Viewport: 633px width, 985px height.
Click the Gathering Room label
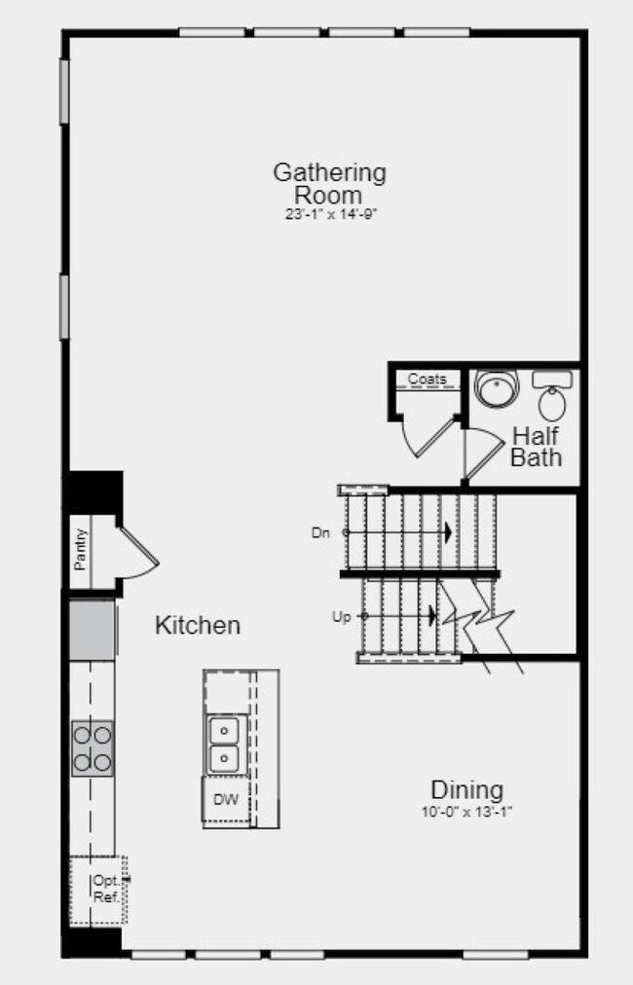[329, 183]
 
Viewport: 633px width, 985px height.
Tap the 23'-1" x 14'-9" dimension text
[331, 214]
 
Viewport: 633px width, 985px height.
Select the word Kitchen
[198, 626]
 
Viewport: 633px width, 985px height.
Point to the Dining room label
[467, 789]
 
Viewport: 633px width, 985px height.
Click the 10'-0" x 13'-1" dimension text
[467, 812]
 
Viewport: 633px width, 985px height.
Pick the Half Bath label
[537, 447]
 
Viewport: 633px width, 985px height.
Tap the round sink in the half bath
[497, 387]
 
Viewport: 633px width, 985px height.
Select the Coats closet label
[428, 379]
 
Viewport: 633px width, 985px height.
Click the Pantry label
[80, 549]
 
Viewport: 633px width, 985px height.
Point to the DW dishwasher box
[226, 799]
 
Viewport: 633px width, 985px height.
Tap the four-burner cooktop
[93, 748]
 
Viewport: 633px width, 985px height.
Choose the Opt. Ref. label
[106, 889]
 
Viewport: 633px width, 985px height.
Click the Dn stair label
[320, 532]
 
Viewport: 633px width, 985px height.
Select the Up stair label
[341, 617]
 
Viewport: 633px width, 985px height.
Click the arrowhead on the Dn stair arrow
[449, 532]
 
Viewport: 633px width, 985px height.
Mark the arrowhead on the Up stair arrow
[432, 615]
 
